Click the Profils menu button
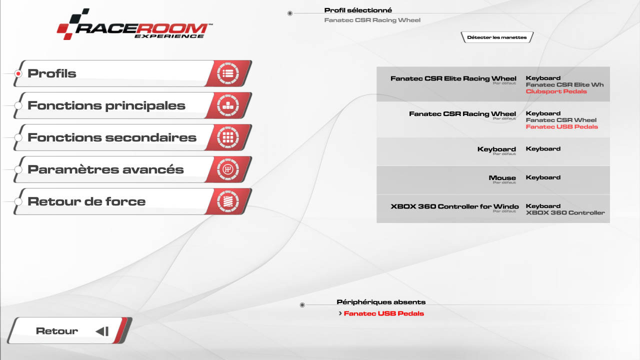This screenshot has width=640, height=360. pos(133,73)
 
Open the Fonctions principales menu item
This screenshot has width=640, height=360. pos(133,105)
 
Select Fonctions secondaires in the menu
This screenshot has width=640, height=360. pos(133,137)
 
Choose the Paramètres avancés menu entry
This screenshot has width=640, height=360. pos(133,169)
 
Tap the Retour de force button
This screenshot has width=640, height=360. pos(133,201)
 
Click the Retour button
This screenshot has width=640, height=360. pos(69,330)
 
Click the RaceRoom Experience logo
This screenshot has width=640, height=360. pos(134,24)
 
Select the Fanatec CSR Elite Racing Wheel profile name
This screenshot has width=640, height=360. pos(453,78)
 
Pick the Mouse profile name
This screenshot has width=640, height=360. pos(502,177)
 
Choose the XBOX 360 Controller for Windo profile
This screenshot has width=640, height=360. pos(454,206)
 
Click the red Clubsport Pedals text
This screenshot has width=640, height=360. pos(556,91)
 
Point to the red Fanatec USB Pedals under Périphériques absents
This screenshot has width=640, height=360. pos(383,313)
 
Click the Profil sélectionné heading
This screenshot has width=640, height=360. pos(358,10)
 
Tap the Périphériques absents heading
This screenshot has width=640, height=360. pos(381,302)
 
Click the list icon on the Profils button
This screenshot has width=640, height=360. pos(227,73)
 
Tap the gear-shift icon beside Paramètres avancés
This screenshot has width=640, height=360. pos(227,169)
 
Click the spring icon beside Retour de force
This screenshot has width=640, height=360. pos(227,201)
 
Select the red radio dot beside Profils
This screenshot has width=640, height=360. pos(18,73)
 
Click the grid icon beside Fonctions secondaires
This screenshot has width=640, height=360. pos(227,137)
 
